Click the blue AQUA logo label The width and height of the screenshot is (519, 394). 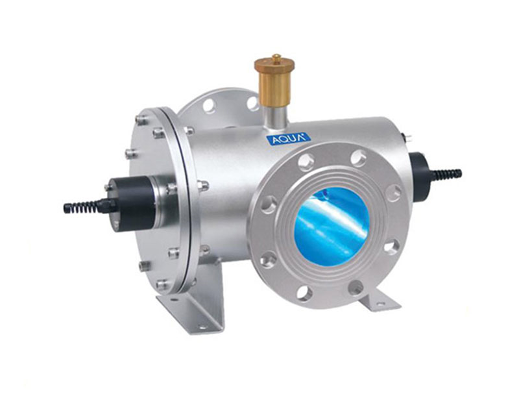288,140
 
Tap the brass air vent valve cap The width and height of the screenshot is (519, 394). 274,66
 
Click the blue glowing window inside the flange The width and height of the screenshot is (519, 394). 332,227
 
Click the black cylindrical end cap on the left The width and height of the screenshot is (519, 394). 132,204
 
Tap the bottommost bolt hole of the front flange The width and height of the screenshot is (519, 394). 304,293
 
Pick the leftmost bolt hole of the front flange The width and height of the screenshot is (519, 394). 269,204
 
